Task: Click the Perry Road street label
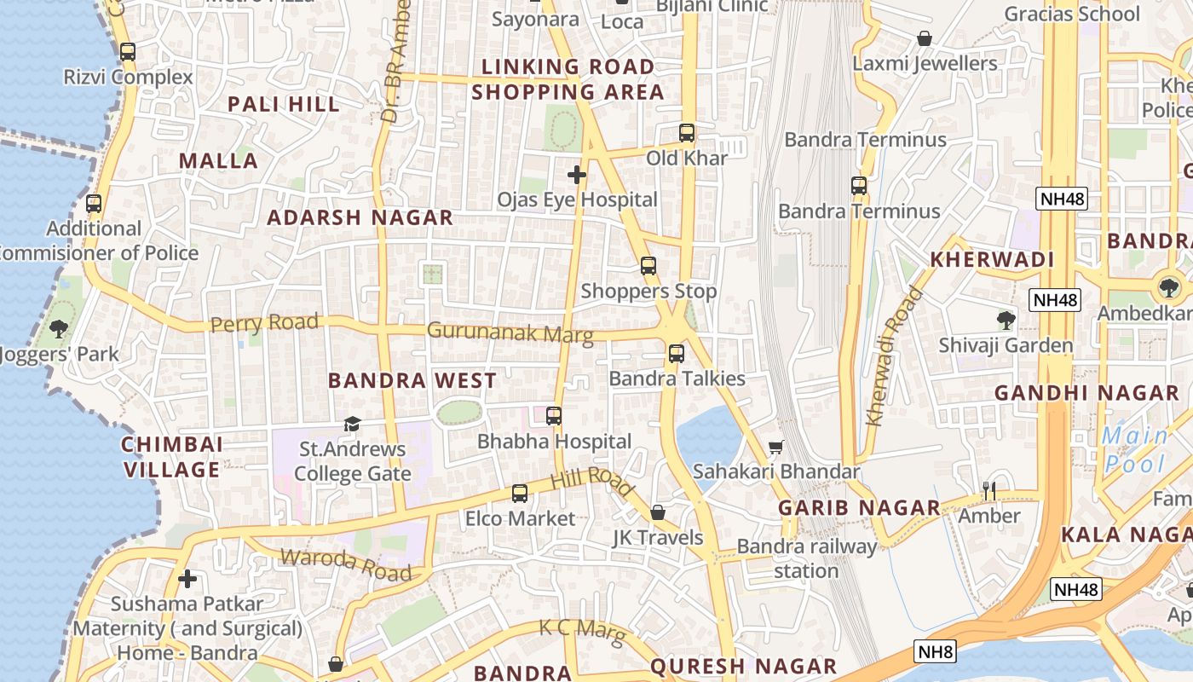point(264,323)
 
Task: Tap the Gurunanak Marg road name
point(510,332)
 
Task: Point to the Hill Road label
point(592,483)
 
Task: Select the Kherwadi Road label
point(893,357)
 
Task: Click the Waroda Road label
point(346,565)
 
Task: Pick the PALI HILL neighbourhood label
point(284,104)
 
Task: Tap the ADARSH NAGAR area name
point(360,217)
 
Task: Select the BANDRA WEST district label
point(412,380)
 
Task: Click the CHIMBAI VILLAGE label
point(171,457)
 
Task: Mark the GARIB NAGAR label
point(859,508)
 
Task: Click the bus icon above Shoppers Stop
point(648,266)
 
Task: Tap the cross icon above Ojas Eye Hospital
point(577,175)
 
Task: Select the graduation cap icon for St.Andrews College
point(352,424)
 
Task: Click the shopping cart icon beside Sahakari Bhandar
point(776,447)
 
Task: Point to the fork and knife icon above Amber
point(988,490)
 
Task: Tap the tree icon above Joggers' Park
point(59,328)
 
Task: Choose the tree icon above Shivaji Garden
point(1006,321)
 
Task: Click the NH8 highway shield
point(936,652)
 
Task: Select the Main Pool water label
point(1135,449)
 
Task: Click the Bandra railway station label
point(806,558)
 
